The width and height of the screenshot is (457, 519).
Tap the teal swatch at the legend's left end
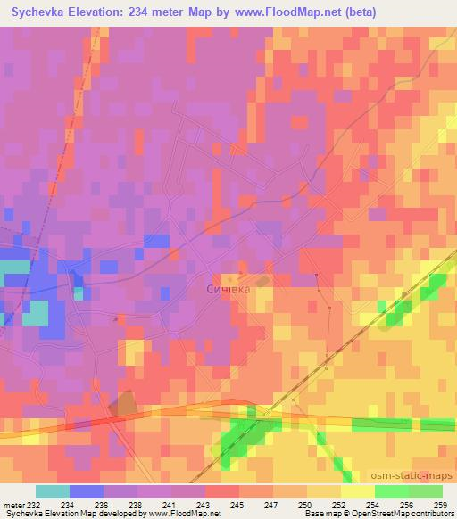click(x=53, y=491)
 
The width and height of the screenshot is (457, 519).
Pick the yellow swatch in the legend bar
click(x=357, y=491)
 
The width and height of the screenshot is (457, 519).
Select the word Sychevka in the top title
click(x=41, y=12)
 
